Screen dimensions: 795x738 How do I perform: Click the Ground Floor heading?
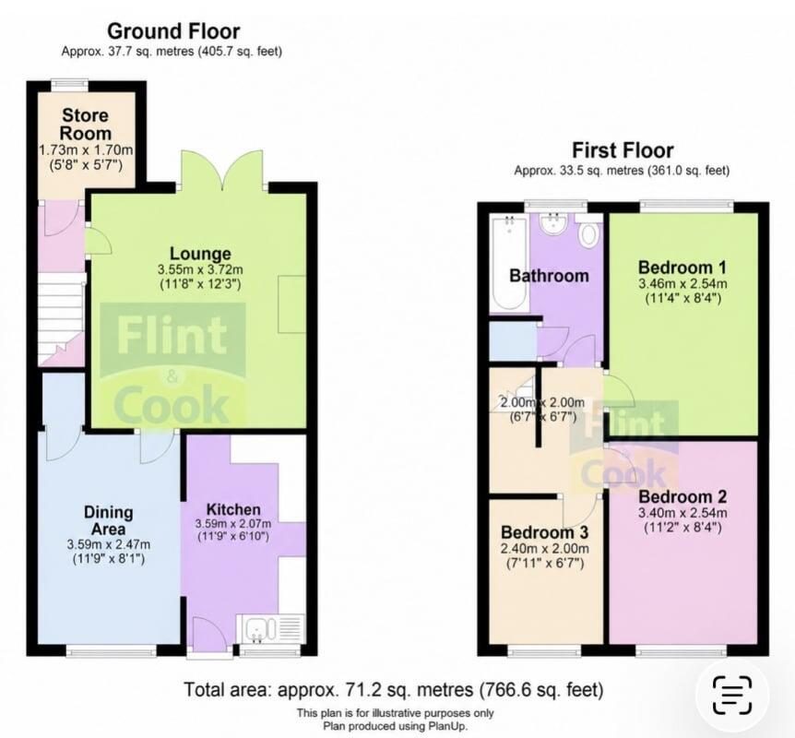(173, 31)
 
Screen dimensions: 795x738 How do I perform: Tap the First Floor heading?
(623, 150)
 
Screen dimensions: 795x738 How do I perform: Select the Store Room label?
(85, 125)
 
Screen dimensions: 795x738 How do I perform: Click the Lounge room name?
(200, 254)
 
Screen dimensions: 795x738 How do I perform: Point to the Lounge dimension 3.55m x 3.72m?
(200, 269)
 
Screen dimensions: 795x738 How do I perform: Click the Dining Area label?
(109, 520)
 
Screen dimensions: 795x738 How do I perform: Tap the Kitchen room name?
(233, 509)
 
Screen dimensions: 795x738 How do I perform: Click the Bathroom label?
(549, 276)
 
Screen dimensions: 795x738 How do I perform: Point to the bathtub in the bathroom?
(509, 262)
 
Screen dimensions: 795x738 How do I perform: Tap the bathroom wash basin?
(552, 224)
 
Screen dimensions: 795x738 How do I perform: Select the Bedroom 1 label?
(682, 268)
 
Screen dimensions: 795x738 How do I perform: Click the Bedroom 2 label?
(682, 496)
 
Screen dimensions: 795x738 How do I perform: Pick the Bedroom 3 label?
(544, 532)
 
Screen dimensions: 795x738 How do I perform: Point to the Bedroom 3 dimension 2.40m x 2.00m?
(544, 549)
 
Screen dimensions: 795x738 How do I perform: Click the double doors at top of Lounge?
(222, 169)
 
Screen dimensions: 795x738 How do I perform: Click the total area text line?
(394, 690)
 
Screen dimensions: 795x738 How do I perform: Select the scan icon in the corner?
(732, 695)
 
